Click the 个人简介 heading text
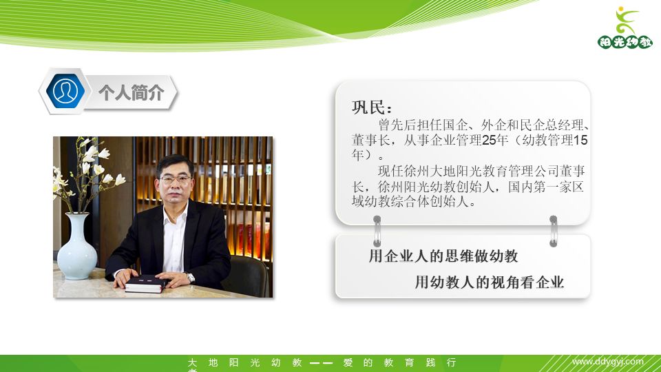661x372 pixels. click(x=131, y=92)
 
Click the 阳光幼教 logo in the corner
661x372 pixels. click(x=625, y=28)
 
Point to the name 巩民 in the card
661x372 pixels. click(x=371, y=109)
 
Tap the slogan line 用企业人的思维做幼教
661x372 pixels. click(x=443, y=257)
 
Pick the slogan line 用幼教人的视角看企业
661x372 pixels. click(x=489, y=282)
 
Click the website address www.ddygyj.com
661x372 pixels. click(x=608, y=362)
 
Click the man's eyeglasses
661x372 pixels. click(x=176, y=179)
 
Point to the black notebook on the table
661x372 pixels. click(x=144, y=282)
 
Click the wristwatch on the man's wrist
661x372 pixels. click(x=190, y=278)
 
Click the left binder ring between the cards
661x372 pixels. click(x=377, y=230)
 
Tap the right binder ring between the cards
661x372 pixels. click(x=553, y=230)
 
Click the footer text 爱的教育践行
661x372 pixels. click(x=399, y=362)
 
